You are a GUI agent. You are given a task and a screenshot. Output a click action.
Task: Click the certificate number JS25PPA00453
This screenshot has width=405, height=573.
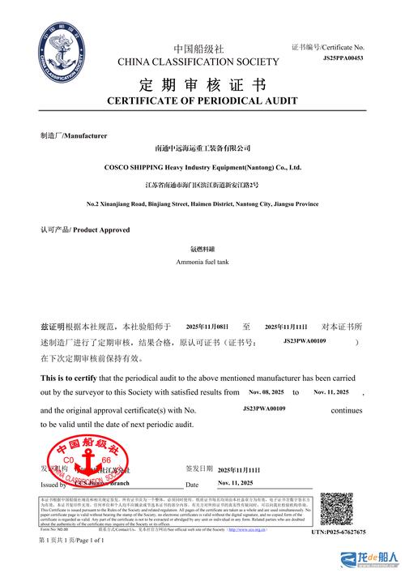(343, 58)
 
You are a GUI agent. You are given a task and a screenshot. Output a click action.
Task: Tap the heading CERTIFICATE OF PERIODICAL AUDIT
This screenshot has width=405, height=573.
(202, 100)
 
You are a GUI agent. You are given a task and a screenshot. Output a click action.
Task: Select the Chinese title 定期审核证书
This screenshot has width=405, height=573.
(202, 84)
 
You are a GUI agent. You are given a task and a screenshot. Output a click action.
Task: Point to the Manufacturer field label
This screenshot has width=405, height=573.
(73, 135)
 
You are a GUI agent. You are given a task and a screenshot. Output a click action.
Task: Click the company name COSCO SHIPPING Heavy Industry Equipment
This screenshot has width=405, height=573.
(202, 168)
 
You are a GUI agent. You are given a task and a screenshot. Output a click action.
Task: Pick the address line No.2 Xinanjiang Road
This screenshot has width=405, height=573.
(202, 203)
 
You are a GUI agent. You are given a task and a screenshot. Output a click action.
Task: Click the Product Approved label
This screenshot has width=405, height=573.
(85, 230)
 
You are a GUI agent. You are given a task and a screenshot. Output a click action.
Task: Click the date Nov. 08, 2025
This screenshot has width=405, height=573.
(266, 392)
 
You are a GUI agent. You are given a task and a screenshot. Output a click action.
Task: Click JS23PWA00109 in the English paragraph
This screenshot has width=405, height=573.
(265, 408)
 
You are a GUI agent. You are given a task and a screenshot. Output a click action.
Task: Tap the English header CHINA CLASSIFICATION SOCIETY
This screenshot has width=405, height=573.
(198, 62)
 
